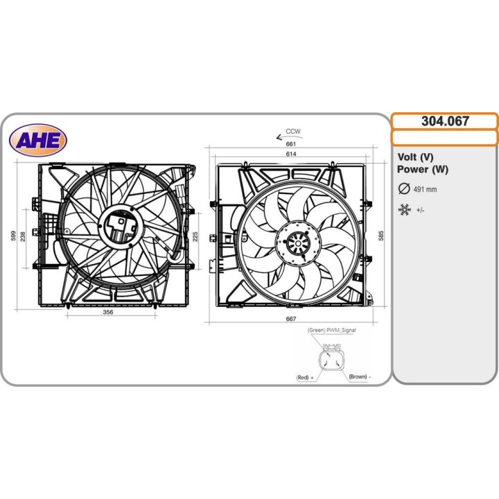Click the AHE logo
click(x=38, y=140)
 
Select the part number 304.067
click(x=445, y=121)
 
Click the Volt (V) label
click(x=416, y=157)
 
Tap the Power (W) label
click(x=423, y=169)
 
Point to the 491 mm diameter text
click(x=426, y=189)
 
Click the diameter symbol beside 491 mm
click(x=403, y=189)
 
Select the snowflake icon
click(x=404, y=209)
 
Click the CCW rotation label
click(x=293, y=131)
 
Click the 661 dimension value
click(x=291, y=144)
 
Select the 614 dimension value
click(x=291, y=154)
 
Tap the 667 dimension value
click(x=291, y=319)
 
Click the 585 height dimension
click(x=380, y=236)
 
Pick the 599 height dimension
click(x=14, y=236)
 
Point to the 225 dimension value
click(x=195, y=237)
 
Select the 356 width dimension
click(x=108, y=313)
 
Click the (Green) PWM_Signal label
click(x=331, y=331)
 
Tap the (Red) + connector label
click(x=305, y=378)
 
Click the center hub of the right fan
click(x=297, y=244)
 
